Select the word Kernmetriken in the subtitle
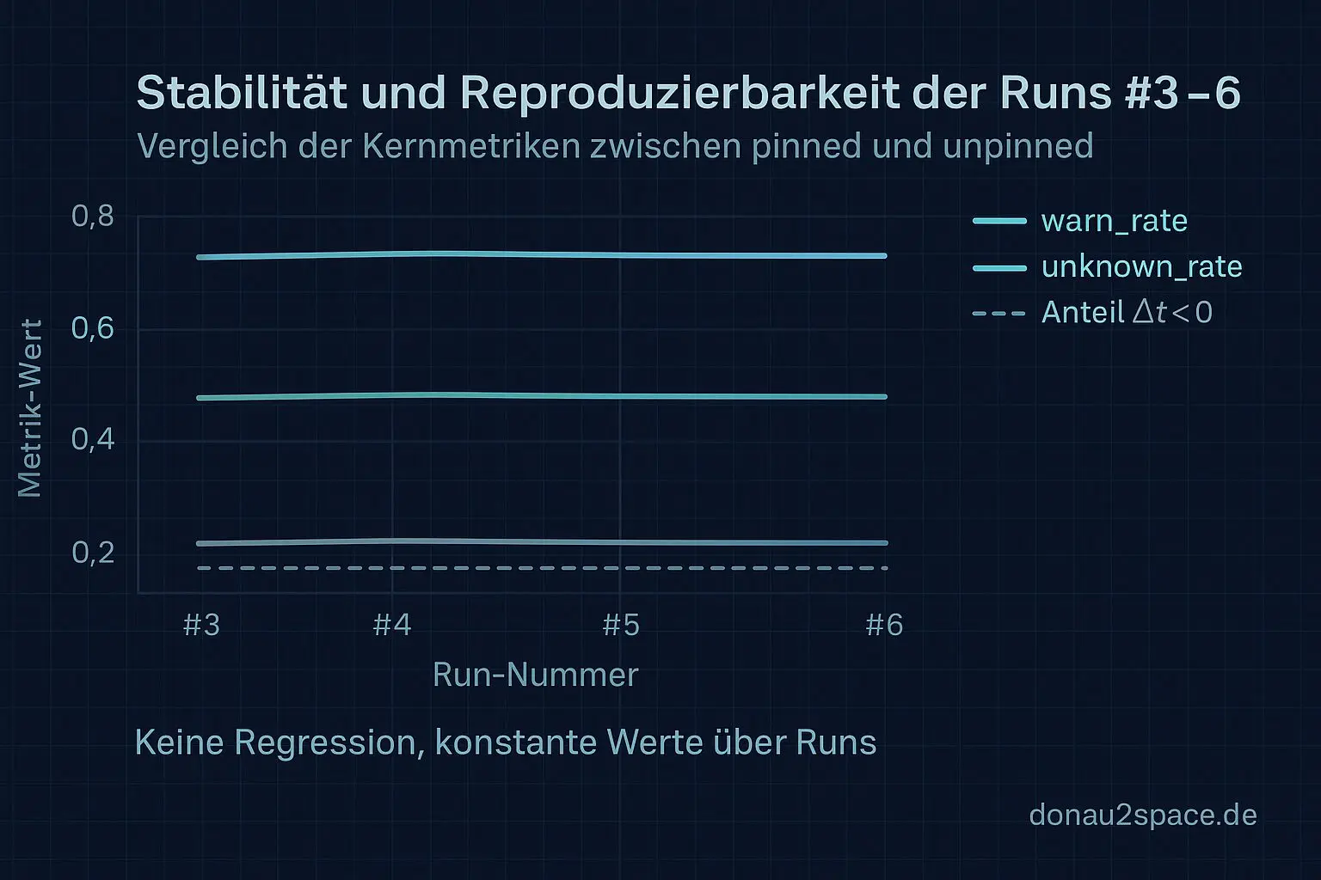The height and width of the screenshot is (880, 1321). [x=470, y=146]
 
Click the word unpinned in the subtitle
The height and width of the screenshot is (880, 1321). [x=1017, y=146]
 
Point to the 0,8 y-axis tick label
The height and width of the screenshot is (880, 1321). [x=93, y=216]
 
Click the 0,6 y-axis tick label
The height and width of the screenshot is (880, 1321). [x=93, y=328]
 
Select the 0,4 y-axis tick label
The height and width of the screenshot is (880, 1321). [x=93, y=440]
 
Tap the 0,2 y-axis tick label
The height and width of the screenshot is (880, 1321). [x=93, y=553]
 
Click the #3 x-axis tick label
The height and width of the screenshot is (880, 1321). [x=202, y=625]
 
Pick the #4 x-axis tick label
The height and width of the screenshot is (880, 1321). [x=392, y=625]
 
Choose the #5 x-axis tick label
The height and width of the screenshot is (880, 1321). [x=621, y=625]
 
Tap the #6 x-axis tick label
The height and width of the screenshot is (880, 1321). [x=884, y=625]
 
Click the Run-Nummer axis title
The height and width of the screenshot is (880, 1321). [x=535, y=675]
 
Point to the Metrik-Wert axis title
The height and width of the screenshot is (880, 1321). [x=30, y=408]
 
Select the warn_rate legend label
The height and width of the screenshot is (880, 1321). [x=1114, y=221]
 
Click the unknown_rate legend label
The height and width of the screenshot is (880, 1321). [x=1141, y=266]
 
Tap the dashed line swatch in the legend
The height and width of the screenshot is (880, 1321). [x=999, y=314]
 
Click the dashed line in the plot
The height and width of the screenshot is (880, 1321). [x=542, y=568]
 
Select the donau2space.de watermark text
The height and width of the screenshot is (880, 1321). [x=1142, y=815]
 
